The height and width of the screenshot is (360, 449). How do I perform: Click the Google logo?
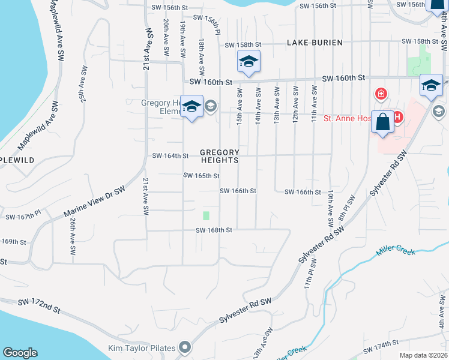tap(20, 353)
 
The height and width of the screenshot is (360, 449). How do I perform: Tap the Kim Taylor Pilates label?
tap(142, 348)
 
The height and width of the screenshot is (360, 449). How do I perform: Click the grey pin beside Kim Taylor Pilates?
tap(185, 347)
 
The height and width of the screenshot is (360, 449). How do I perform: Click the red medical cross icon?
tap(380, 94)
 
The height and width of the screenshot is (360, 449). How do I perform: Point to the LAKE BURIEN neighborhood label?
tap(315, 43)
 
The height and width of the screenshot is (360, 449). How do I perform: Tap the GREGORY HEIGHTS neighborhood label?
tap(220, 156)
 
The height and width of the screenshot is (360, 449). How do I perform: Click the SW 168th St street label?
tap(214, 230)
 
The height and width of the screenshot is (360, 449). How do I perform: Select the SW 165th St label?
tap(201, 176)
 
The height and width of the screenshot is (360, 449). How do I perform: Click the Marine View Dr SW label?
tap(95, 202)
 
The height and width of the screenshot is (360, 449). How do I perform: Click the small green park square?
tap(206, 215)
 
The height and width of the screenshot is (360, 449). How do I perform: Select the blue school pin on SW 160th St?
tap(249, 62)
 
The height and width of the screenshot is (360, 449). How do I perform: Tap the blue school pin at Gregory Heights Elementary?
tap(191, 107)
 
